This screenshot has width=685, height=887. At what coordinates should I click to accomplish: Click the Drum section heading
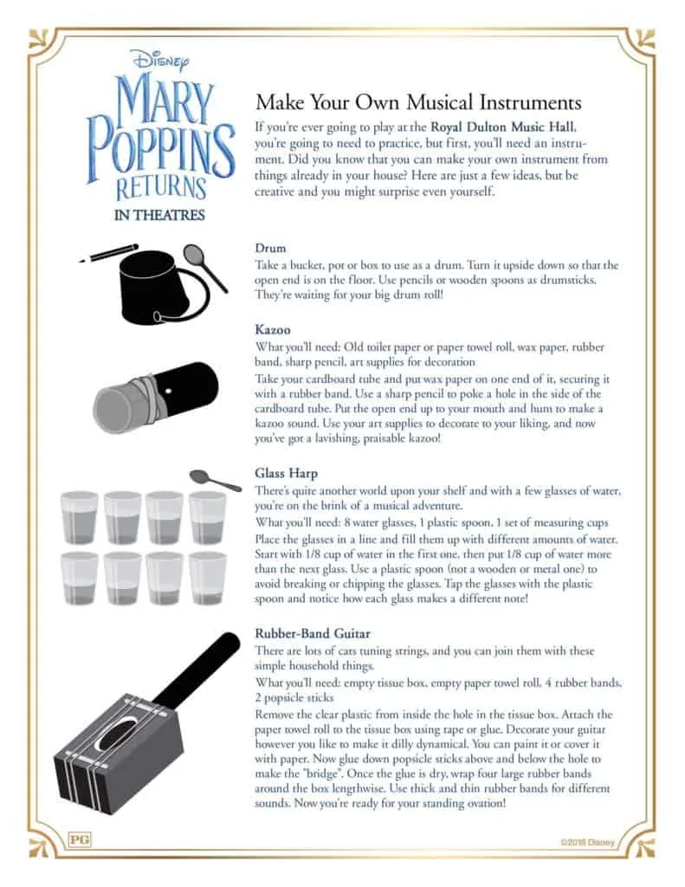(270, 248)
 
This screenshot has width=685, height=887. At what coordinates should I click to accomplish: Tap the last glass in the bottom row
(208, 579)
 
